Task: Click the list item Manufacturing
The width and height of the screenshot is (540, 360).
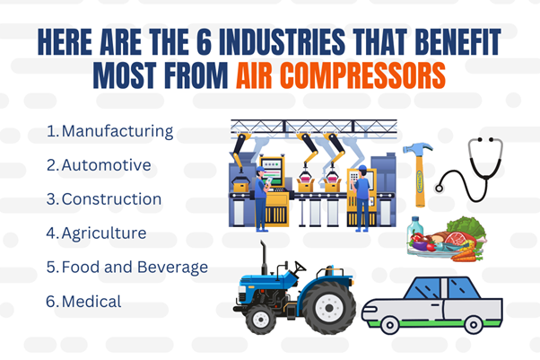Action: coord(118,132)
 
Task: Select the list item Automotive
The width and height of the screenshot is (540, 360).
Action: coord(106,165)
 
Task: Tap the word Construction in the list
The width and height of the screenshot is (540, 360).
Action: coord(111,199)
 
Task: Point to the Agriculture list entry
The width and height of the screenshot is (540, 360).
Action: coord(104,233)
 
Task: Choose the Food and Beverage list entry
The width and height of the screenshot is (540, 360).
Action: coord(135,268)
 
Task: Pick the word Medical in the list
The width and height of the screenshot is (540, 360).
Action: coord(91,302)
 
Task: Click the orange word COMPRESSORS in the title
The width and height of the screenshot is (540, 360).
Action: coord(362,75)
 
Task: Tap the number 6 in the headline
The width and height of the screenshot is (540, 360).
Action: coord(205,41)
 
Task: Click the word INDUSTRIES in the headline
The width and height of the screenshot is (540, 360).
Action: coord(282,41)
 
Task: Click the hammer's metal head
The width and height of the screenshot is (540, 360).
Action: coord(417,150)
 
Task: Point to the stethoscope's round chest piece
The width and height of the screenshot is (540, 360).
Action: coord(439,189)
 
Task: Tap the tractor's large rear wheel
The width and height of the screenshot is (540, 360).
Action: coord(329,308)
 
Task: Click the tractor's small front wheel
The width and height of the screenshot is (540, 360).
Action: coord(261,320)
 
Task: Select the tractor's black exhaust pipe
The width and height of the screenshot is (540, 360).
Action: coord(264,258)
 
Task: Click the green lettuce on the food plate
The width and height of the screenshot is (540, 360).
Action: coord(466,227)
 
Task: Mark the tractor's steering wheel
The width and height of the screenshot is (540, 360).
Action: coord(300,267)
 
